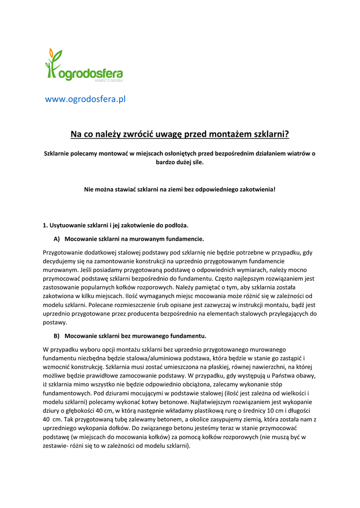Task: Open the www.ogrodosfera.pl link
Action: [x=85, y=99]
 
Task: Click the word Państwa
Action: [x=267, y=376]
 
